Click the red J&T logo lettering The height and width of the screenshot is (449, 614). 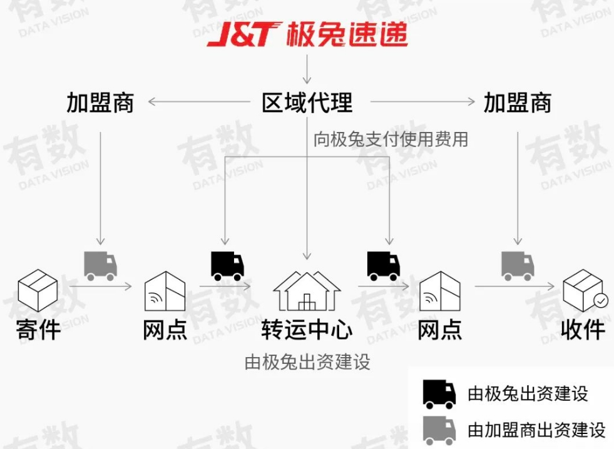pyautogui.click(x=242, y=35)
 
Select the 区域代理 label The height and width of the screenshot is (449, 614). pyautogui.click(x=307, y=103)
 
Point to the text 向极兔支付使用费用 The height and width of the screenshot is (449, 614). pyautogui.click(x=391, y=139)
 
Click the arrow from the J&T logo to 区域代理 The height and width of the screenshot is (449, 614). pyautogui.click(x=307, y=69)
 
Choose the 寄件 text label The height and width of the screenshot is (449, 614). pyautogui.click(x=38, y=329)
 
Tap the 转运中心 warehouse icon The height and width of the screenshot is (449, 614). pyautogui.click(x=307, y=291)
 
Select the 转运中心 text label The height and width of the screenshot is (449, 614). pyautogui.click(x=307, y=330)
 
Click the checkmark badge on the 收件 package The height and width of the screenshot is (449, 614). pyautogui.click(x=600, y=301)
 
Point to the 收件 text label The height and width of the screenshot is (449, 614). pyautogui.click(x=583, y=330)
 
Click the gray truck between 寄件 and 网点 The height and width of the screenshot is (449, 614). pyautogui.click(x=101, y=266)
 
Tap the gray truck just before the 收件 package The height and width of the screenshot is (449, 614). pyautogui.click(x=518, y=266)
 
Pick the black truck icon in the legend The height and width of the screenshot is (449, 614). pyautogui.click(x=439, y=394)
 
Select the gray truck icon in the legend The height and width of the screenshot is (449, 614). pyautogui.click(x=439, y=430)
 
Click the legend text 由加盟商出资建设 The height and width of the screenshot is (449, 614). pyautogui.click(x=536, y=430)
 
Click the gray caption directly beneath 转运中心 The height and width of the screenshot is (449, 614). pyautogui.click(x=307, y=362)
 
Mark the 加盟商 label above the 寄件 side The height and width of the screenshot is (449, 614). pyautogui.click(x=100, y=103)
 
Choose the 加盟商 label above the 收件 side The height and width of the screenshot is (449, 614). pyautogui.click(x=517, y=103)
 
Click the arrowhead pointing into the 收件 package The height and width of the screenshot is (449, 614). pyautogui.click(x=551, y=287)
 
